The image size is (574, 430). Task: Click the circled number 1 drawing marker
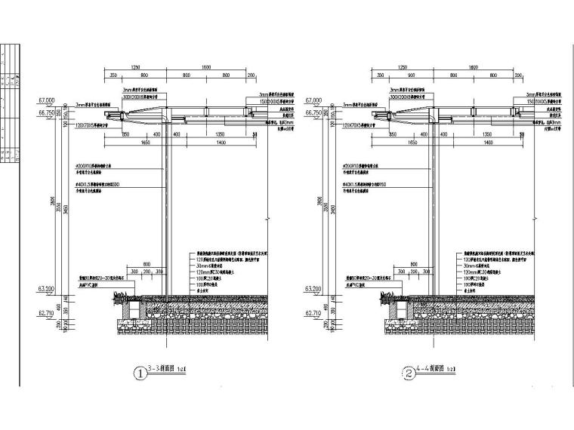(x=139, y=373)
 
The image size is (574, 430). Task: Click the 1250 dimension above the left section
(x=136, y=67)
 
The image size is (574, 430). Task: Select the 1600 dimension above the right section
(x=473, y=67)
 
